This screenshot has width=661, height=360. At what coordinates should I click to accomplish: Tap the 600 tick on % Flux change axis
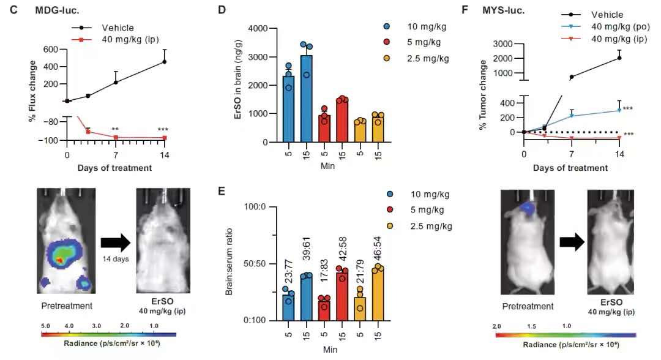(50, 50)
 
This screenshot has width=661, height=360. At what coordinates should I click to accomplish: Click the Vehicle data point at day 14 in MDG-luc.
(164, 62)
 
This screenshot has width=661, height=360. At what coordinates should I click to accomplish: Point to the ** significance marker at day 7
(114, 129)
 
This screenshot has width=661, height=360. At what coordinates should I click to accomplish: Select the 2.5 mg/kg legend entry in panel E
(429, 227)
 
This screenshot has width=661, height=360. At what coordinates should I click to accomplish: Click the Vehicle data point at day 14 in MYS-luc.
(620, 58)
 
